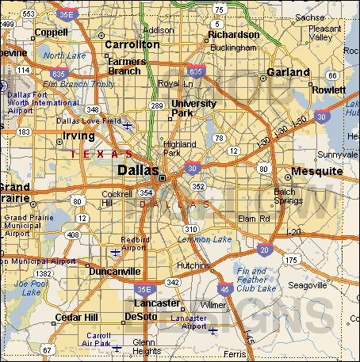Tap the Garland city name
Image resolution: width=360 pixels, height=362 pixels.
[288, 72]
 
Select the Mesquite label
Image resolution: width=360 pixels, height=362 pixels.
[316, 171]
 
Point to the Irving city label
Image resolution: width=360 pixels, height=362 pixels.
[78, 136]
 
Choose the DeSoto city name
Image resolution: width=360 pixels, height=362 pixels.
[141, 317]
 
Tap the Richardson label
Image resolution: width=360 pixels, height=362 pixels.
[234, 35]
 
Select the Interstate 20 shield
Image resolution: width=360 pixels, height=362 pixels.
[265, 250]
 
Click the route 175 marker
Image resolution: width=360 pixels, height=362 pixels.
[292, 260]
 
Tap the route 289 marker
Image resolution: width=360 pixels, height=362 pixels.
[157, 105]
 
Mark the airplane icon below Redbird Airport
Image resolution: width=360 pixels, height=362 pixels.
[116, 253]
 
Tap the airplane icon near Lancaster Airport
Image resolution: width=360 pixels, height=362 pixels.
[213, 330]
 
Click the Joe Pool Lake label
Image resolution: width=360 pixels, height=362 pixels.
[30, 287]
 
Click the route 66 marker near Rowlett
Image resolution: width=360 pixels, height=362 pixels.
[331, 75]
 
